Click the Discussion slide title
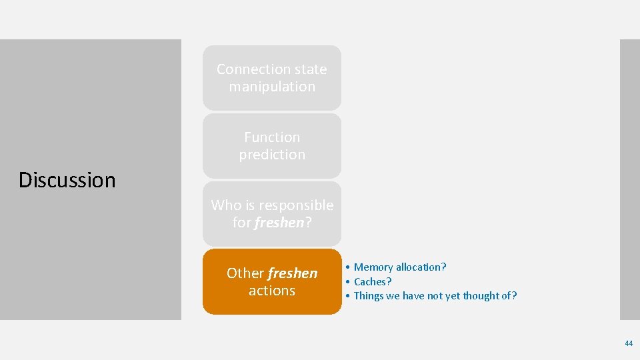[x=67, y=180]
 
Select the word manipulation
[x=272, y=87]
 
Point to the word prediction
[x=272, y=155]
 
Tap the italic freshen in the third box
[x=279, y=223]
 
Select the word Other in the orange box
[x=245, y=273]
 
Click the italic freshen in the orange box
[x=293, y=273]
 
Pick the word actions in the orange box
[x=272, y=291]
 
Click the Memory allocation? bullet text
[x=400, y=267]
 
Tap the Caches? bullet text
[x=373, y=281]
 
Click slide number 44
[x=629, y=343]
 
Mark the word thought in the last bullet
[x=479, y=296]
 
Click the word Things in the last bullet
[x=369, y=296]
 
